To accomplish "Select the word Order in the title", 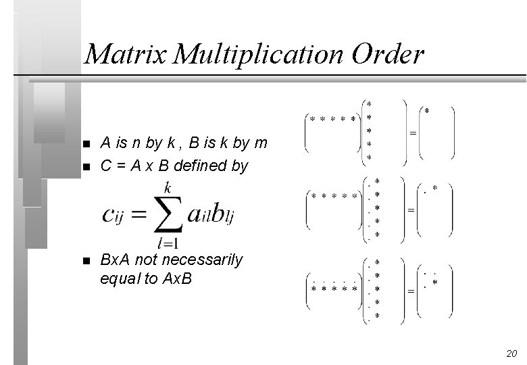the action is pyautogui.click(x=387, y=54).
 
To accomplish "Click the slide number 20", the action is pyautogui.click(x=511, y=354).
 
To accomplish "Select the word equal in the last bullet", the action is pyautogui.click(x=119, y=278).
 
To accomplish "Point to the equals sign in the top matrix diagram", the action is pyautogui.click(x=412, y=133).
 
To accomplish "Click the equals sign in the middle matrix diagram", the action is pyautogui.click(x=410, y=211).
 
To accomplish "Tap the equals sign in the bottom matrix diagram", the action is pyautogui.click(x=410, y=292).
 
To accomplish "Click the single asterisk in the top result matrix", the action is pyautogui.click(x=426, y=109).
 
